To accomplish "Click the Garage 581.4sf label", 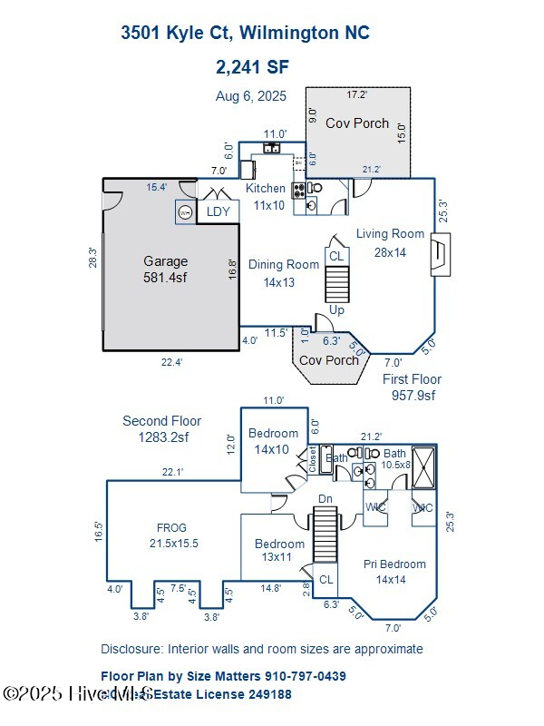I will (x=165, y=270).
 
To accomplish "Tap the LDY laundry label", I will (x=219, y=211).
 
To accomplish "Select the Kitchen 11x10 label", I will (x=266, y=196).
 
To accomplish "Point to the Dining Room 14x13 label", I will (x=284, y=273).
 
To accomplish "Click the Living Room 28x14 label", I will (x=390, y=242).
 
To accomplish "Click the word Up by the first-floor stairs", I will (x=336, y=310).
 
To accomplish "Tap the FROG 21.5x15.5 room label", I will (x=171, y=535).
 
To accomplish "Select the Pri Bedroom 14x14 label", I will (x=394, y=571).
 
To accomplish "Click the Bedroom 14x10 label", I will (x=273, y=440).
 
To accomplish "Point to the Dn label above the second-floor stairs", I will (x=326, y=499).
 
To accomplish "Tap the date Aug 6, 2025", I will (x=250, y=95).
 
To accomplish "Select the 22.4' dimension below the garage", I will (x=171, y=362).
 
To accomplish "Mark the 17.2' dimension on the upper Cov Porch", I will (x=357, y=94).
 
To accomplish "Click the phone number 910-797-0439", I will (x=306, y=676).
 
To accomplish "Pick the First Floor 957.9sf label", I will (x=412, y=387).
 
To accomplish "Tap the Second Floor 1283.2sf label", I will (x=162, y=428).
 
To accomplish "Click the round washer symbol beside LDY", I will (x=185, y=212).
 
